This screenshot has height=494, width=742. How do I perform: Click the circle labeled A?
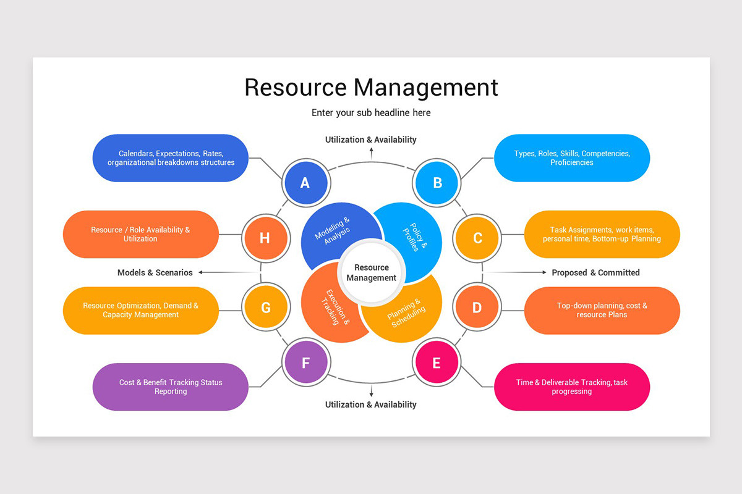[305, 183]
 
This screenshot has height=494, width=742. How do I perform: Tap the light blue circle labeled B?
[437, 183]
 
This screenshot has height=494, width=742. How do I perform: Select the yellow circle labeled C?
[477, 238]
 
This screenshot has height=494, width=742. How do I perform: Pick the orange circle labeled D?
[477, 308]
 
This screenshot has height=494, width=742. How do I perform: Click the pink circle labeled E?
[437, 362]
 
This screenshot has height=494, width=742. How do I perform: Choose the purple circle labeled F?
[305, 362]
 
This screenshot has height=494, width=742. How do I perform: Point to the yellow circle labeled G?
[266, 308]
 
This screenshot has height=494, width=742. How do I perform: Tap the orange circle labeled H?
[265, 238]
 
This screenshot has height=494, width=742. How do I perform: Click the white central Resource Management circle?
[371, 272]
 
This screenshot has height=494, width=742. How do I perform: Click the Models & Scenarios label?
[155, 272]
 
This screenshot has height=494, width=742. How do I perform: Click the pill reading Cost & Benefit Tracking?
[170, 387]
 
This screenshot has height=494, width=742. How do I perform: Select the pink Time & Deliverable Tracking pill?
[572, 387]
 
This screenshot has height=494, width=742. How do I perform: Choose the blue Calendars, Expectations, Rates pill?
[170, 158]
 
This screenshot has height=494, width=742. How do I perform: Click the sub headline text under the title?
[371, 113]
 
